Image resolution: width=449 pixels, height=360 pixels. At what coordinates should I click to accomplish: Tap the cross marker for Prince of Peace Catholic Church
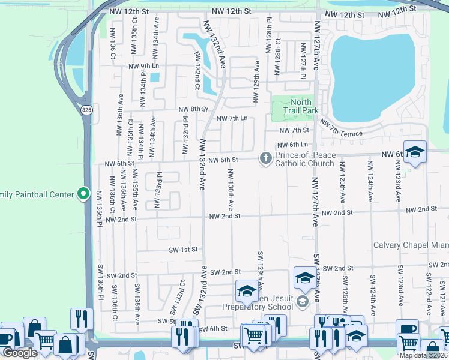point(265,158)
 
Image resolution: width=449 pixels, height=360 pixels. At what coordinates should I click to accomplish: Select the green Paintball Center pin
point(84,194)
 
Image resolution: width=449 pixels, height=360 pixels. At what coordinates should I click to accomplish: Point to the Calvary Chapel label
point(411,245)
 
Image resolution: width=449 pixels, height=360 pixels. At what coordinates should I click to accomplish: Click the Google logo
point(20,353)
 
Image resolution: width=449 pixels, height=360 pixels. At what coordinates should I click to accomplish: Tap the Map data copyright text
point(421,355)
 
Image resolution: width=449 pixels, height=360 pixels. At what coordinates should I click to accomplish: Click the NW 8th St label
point(193,110)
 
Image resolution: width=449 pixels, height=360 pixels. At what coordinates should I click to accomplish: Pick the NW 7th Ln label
point(232,119)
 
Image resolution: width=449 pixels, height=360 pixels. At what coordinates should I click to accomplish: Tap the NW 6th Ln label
point(292,145)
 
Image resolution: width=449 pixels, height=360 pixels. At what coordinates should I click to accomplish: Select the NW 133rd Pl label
point(159,191)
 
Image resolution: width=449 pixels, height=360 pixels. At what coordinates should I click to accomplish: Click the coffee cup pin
point(408,329)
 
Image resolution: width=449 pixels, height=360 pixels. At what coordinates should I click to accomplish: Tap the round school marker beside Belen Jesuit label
point(302,301)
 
